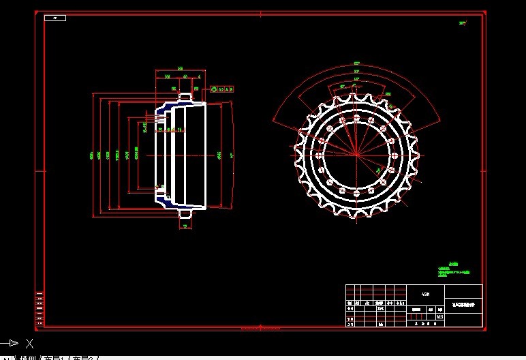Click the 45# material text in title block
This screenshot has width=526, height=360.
point(425,294)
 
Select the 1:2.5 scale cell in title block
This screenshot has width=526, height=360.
point(439,316)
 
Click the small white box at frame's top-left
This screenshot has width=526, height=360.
point(55,18)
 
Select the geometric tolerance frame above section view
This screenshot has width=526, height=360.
point(222,89)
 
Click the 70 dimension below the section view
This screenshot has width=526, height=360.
point(185,226)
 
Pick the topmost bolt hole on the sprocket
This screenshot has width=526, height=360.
point(355,117)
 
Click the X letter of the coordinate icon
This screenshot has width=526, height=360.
point(29,343)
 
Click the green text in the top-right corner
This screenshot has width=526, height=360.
point(463,23)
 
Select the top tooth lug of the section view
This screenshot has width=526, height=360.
point(185,96)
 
